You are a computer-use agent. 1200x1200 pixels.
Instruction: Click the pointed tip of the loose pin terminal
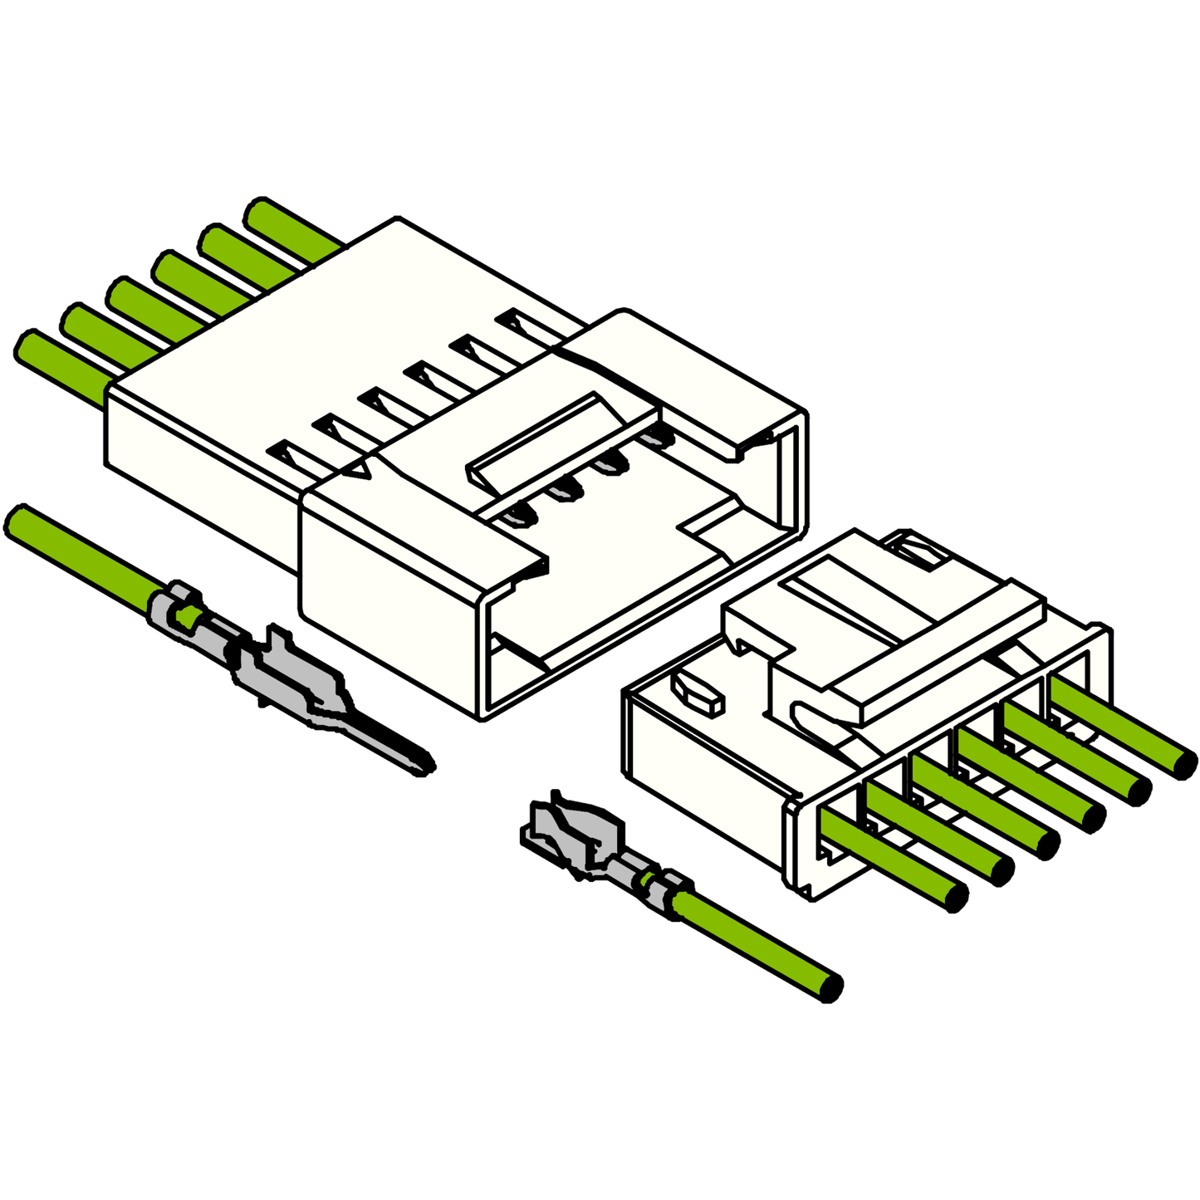[x=425, y=762]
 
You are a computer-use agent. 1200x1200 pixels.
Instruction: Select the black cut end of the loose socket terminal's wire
[x=830, y=987]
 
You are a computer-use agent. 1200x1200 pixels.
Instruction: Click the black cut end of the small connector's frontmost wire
[x=957, y=897]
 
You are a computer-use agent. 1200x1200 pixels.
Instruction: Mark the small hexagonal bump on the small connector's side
[x=698, y=692]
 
